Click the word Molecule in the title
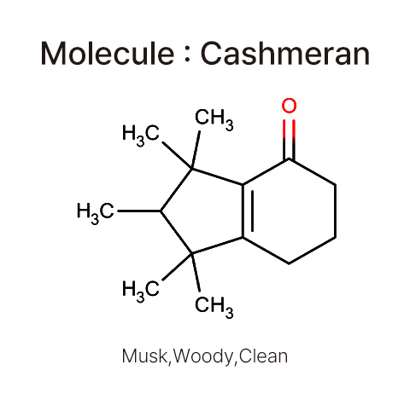[x=108, y=53]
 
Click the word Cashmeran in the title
[x=285, y=53]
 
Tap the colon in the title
[x=187, y=55]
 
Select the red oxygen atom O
[x=289, y=106]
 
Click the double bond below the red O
[x=289, y=139]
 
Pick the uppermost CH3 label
[x=214, y=119]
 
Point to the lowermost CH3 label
[x=214, y=306]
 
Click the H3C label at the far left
[x=96, y=213]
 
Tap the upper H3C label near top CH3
[x=141, y=135]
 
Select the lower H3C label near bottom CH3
[x=141, y=291]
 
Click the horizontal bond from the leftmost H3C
[x=139, y=211]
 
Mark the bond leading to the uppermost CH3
[x=196, y=150]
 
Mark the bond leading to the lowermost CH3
[x=196, y=272]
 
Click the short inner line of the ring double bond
[x=252, y=211]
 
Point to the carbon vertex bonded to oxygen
[x=289, y=159]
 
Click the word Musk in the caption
[x=144, y=356]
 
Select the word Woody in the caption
[x=202, y=357]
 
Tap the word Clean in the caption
[x=263, y=356]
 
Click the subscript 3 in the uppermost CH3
[x=230, y=124]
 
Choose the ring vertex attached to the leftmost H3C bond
[x=161, y=211]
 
